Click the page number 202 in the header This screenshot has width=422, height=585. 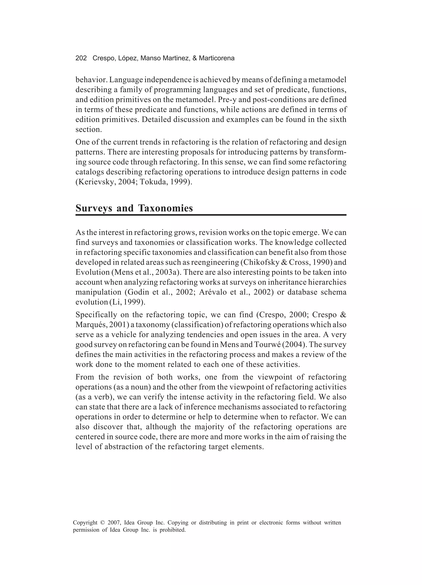pos(81,58)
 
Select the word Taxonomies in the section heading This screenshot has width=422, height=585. pos(165,208)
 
